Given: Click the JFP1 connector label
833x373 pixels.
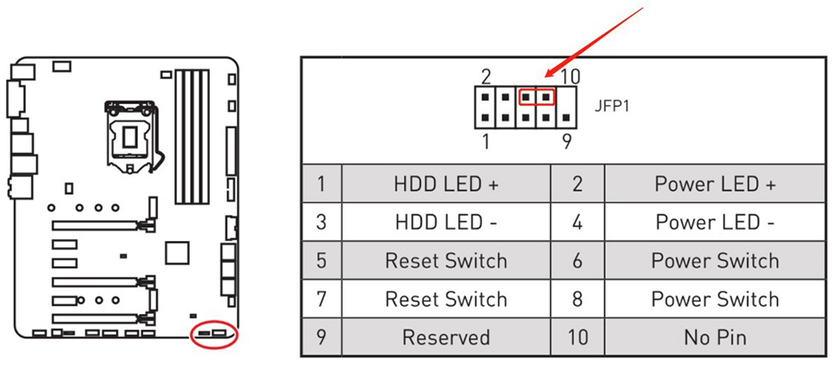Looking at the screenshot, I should pos(612,108).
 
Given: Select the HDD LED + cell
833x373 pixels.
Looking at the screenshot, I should pos(446,184).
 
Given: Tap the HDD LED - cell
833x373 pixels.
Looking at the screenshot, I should pos(446,222).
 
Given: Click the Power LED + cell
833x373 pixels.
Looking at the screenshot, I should pos(716,184).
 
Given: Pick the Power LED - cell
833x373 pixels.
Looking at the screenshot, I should pos(716,222).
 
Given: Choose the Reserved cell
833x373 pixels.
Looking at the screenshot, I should pos(446,337).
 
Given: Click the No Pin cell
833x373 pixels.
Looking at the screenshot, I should pos(716,337).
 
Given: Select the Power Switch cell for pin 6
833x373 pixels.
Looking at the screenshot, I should pos(716,260).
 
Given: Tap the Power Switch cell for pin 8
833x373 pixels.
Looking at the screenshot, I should pos(716,299).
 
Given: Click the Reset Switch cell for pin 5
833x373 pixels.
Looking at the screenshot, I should pos(446,260).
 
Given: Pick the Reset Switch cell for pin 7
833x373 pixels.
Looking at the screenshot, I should pos(446,299).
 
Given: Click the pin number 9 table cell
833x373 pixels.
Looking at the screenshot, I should pos(322,337).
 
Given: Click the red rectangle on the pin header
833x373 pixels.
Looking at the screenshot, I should pos(536,96).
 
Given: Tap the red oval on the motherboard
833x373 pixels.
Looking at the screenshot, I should pos(213,334).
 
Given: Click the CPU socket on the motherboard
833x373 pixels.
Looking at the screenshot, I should pos(130,134).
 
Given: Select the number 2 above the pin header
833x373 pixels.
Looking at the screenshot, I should pos(487,76).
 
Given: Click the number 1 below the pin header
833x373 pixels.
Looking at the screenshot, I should pos(486,141).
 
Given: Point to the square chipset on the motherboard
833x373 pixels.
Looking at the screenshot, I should pos(177,252).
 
